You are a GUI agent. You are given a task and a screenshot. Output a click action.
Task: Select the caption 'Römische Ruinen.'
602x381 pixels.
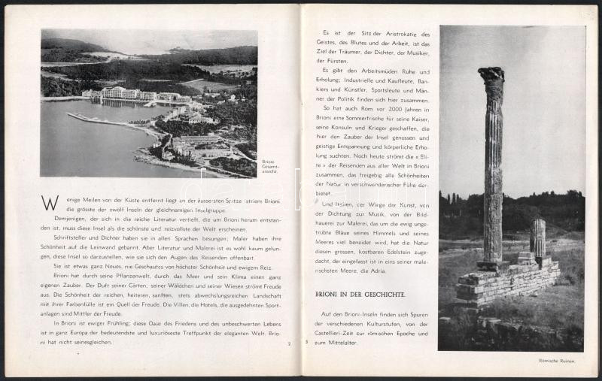557,361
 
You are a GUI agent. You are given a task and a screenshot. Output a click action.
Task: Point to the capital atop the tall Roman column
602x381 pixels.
492,75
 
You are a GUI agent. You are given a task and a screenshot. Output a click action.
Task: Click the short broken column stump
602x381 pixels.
537,237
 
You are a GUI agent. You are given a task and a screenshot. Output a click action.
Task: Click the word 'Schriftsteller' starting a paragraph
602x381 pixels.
71,236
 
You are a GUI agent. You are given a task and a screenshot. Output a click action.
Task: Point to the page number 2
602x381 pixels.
288,344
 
